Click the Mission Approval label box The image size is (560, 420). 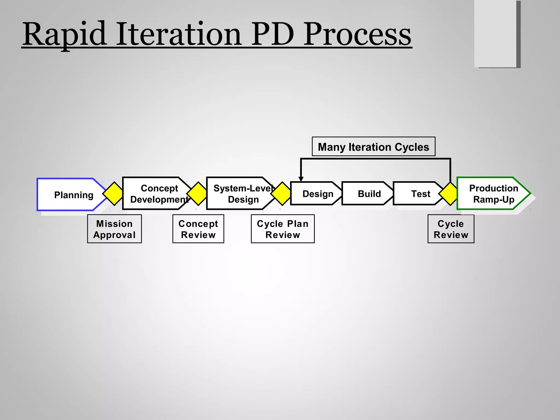[114, 229]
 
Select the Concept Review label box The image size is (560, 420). [198, 229]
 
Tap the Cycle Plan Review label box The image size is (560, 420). [283, 229]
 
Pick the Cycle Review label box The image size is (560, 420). [451, 229]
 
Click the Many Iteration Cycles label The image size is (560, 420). [374, 147]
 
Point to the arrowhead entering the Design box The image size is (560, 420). [301, 179]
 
